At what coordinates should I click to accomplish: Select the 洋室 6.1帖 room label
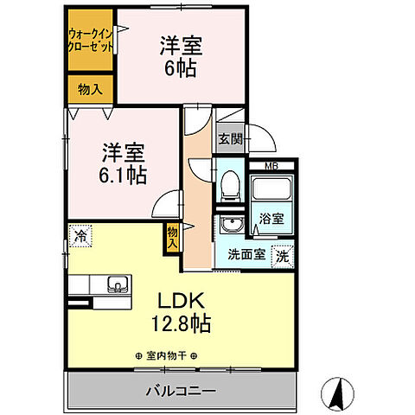click(x=120, y=162)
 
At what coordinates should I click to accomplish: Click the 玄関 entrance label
click(x=229, y=137)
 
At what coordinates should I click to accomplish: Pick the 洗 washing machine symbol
click(x=282, y=255)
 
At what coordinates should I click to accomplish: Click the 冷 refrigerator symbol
click(x=80, y=234)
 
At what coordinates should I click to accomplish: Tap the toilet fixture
click(x=229, y=183)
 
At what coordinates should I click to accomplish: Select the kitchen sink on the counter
click(x=114, y=284)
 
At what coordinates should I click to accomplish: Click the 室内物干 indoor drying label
click(x=167, y=355)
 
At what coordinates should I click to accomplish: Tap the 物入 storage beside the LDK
click(x=173, y=236)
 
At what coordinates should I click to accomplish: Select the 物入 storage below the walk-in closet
click(x=90, y=89)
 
